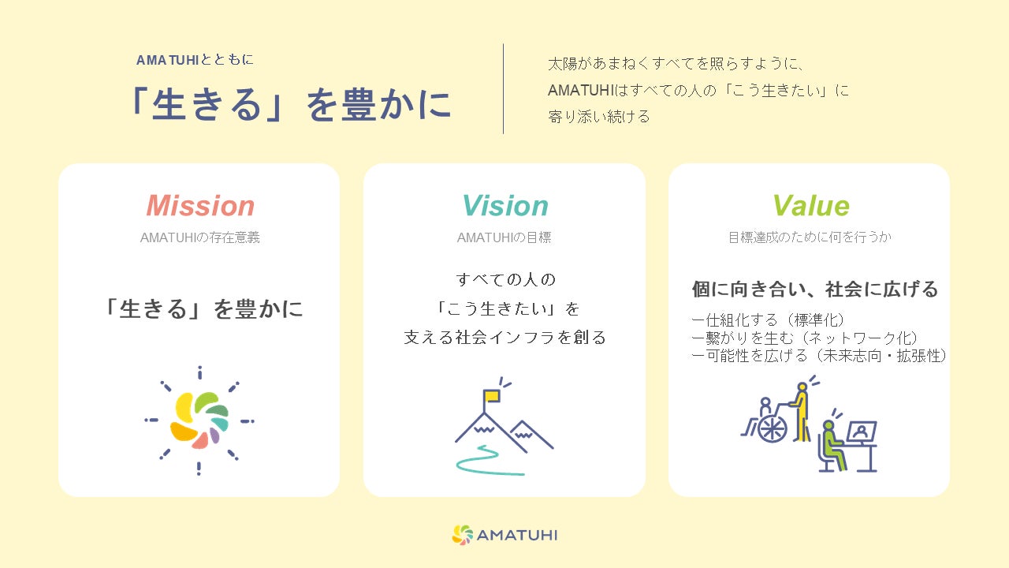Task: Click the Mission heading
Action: (200, 206)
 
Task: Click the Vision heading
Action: (505, 206)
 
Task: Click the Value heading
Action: (811, 206)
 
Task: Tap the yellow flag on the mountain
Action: (491, 396)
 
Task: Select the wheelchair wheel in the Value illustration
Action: (772, 428)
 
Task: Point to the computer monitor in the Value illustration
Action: (862, 432)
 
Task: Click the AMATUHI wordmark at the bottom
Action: (516, 535)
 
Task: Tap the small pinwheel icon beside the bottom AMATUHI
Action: (462, 535)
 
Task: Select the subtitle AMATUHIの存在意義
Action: (200, 237)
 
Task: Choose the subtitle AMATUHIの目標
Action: (504, 237)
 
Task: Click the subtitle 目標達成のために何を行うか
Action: (810, 237)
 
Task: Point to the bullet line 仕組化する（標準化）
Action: (768, 320)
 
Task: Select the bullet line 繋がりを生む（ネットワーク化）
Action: (805, 338)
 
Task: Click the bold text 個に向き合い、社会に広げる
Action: (815, 289)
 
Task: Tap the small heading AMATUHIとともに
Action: (195, 60)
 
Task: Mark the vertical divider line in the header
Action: (503, 89)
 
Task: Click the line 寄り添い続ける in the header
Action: (599, 117)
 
